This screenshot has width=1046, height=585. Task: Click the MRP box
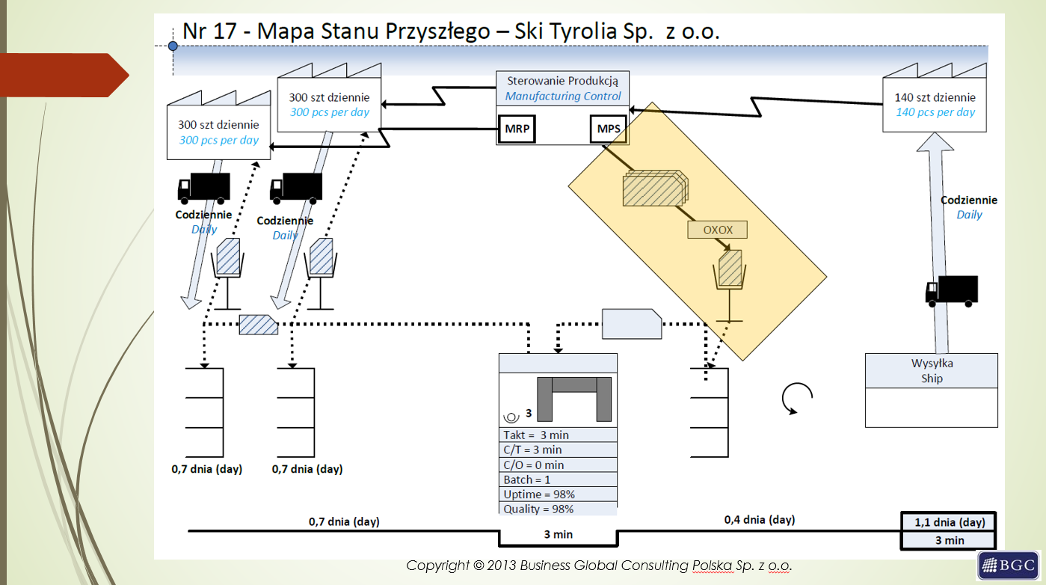[517, 129]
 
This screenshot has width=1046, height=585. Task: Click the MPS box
[608, 129]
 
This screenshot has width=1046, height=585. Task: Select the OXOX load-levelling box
[718, 230]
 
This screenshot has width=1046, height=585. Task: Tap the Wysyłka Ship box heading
[932, 370]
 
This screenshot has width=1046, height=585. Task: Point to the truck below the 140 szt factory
[952, 290]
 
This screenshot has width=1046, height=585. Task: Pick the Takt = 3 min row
[558, 435]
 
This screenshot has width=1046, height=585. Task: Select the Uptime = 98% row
[558, 494]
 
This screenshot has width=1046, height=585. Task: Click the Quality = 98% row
[558, 509]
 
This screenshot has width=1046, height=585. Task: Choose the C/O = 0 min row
[558, 465]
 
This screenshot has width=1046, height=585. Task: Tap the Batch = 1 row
[558, 480]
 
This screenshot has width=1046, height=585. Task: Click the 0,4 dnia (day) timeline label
[760, 519]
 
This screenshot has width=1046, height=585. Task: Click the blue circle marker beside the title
[173, 46]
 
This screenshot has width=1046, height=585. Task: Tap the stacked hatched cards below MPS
[655, 188]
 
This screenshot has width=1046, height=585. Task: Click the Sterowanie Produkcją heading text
[563, 81]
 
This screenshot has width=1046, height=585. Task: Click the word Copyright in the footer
[437, 566]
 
